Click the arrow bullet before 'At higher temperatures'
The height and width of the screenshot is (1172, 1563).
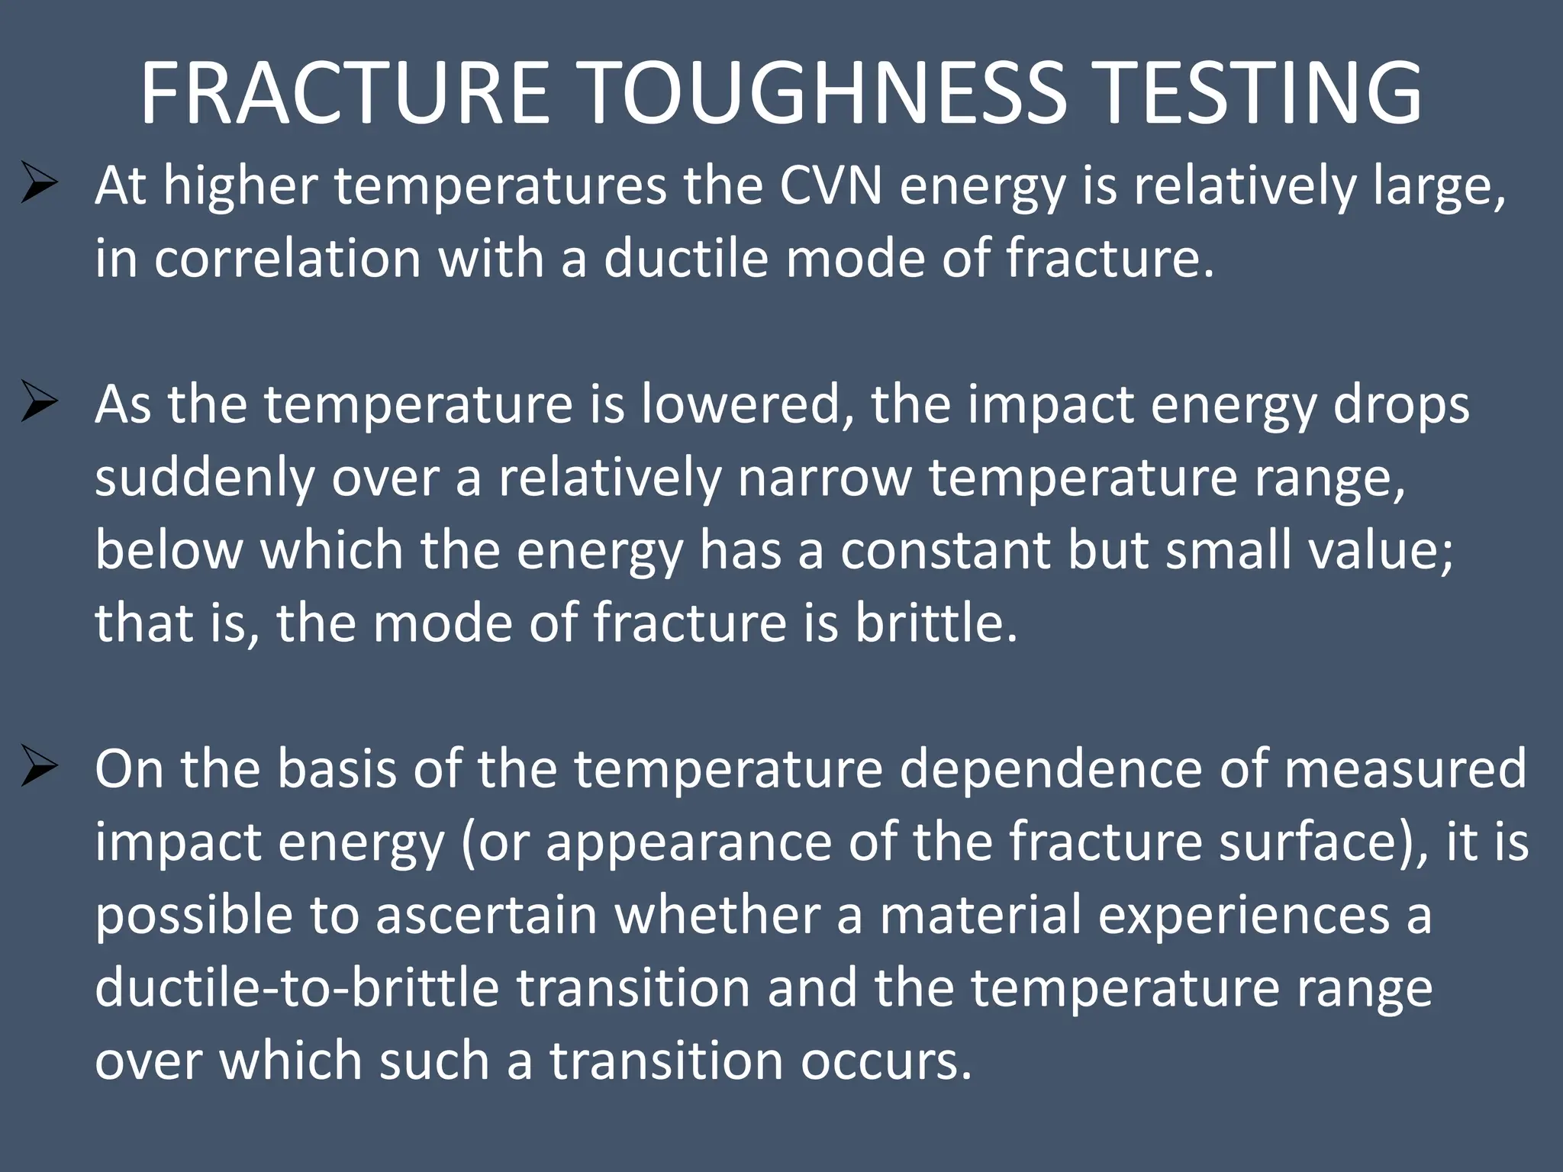pyautogui.click(x=40, y=183)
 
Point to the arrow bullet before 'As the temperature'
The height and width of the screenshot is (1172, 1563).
pyautogui.click(x=40, y=402)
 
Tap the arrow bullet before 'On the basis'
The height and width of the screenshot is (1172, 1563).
pyautogui.click(x=40, y=767)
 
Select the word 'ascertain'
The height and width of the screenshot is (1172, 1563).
pyautogui.click(x=486, y=914)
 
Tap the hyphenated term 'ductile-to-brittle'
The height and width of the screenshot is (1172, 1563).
pyautogui.click(x=297, y=987)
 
